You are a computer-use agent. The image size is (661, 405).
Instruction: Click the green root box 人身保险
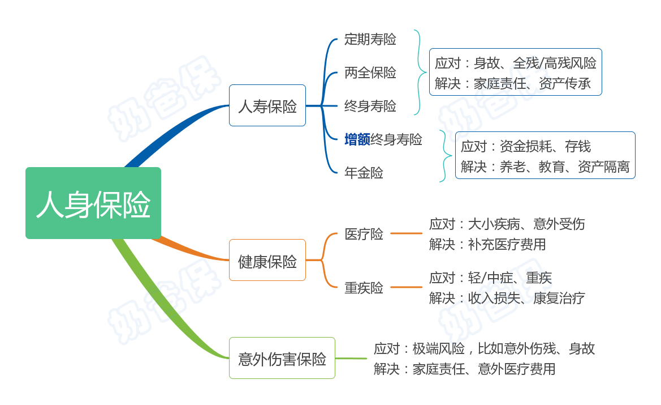pyautogui.click(x=93, y=203)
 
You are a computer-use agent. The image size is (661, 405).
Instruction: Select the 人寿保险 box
pyautogui.click(x=267, y=105)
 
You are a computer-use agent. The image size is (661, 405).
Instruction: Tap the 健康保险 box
pyautogui.click(x=267, y=260)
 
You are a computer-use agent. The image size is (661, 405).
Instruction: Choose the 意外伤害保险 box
pyautogui.click(x=282, y=358)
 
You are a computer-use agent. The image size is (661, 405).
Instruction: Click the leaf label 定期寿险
pyautogui.click(x=370, y=39)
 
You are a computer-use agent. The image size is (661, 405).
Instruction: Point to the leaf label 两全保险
pyautogui.click(x=370, y=73)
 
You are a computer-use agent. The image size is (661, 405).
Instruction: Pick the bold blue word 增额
pyautogui.click(x=357, y=139)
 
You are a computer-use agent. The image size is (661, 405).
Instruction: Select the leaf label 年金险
pyautogui.click(x=364, y=173)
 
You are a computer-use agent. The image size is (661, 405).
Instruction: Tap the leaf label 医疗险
pyautogui.click(x=364, y=234)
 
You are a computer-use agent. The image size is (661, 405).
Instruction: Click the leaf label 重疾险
pyautogui.click(x=364, y=288)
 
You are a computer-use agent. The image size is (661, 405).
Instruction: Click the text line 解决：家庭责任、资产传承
pyautogui.click(x=513, y=84)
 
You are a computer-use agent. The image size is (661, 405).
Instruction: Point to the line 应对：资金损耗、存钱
pyautogui.click(x=526, y=147)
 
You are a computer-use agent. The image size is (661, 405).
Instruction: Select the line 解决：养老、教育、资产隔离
pyautogui.click(x=545, y=167)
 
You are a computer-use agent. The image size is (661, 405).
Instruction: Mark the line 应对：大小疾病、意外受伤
pyautogui.click(x=507, y=224)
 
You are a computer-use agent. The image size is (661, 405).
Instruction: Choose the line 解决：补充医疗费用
pyautogui.click(x=487, y=244)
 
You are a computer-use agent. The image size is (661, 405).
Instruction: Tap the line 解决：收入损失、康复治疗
pyautogui.click(x=507, y=298)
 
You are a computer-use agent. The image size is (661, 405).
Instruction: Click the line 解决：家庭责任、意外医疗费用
pyautogui.click(x=465, y=369)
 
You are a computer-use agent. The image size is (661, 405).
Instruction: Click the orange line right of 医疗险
pyautogui.click(x=406, y=233)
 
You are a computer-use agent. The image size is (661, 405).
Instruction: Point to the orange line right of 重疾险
pyautogui.click(x=406, y=287)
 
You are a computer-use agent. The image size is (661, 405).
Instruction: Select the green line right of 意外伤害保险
pyautogui.click(x=351, y=359)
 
